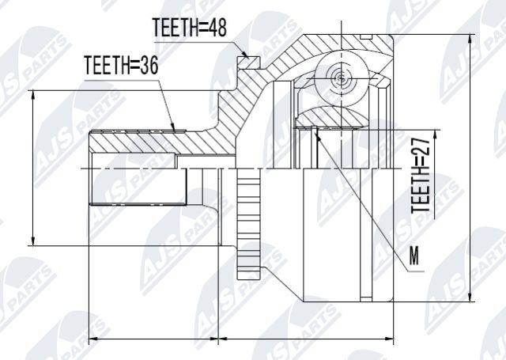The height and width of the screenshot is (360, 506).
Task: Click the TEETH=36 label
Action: tap(121, 65)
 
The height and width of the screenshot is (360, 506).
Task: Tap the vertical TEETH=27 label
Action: tap(421, 176)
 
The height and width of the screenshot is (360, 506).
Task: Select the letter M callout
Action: tap(414, 256)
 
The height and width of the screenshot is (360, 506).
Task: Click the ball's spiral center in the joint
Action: tap(341, 78)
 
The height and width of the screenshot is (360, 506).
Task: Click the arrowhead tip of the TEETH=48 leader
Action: tap(248, 59)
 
